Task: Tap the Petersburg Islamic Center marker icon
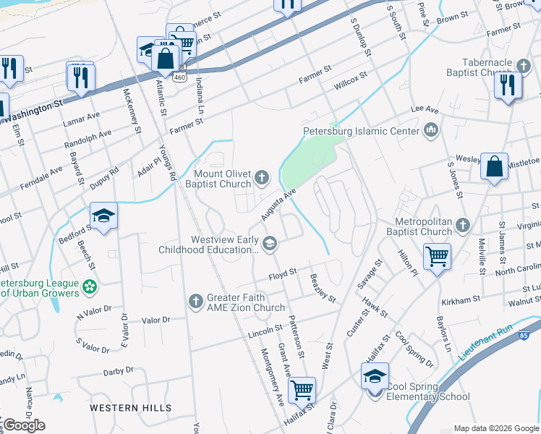click(x=432, y=131)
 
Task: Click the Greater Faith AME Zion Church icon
click(x=196, y=302)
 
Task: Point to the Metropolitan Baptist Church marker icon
click(x=464, y=226)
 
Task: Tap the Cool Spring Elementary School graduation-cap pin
click(x=374, y=378)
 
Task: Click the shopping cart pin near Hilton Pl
click(x=437, y=255)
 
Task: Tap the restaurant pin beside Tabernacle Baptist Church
click(x=507, y=85)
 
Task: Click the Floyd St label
click(x=283, y=273)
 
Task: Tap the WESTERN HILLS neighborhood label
click(x=131, y=408)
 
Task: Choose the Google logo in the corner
click(x=23, y=425)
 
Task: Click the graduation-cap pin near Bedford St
click(x=103, y=216)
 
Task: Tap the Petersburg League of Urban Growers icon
click(x=90, y=287)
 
